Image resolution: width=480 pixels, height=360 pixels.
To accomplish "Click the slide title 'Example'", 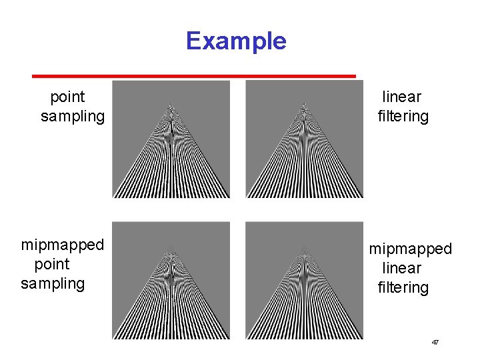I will coord(236,41).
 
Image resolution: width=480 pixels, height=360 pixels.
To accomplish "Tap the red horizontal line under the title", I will coord(195,75).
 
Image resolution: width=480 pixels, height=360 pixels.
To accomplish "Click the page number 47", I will coord(435,342).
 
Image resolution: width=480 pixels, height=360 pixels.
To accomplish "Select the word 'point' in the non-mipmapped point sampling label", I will coord(67,97).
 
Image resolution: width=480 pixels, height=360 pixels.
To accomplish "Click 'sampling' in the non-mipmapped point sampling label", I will coord(73,117).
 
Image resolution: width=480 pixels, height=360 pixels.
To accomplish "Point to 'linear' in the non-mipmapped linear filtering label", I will coord(402,97).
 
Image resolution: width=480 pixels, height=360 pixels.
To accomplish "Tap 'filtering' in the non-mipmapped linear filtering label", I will coord(403,117).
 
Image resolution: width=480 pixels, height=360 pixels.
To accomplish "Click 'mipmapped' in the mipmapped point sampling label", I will coord(63,245).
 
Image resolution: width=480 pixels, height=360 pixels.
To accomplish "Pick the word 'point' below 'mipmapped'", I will coord(51,265).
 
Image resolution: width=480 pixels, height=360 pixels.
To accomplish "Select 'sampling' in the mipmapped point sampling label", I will coord(53,283).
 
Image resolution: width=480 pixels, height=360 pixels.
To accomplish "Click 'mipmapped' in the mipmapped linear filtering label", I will coord(411,249).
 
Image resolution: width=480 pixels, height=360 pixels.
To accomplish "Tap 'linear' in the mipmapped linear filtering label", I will coord(402,269).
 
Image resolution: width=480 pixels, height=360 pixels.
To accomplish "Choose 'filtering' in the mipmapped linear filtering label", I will coord(403,288).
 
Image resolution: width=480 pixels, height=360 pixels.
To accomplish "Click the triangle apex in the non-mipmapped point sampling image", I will coord(171,104).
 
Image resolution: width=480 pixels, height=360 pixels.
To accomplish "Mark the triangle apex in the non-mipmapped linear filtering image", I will coord(304,104).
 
